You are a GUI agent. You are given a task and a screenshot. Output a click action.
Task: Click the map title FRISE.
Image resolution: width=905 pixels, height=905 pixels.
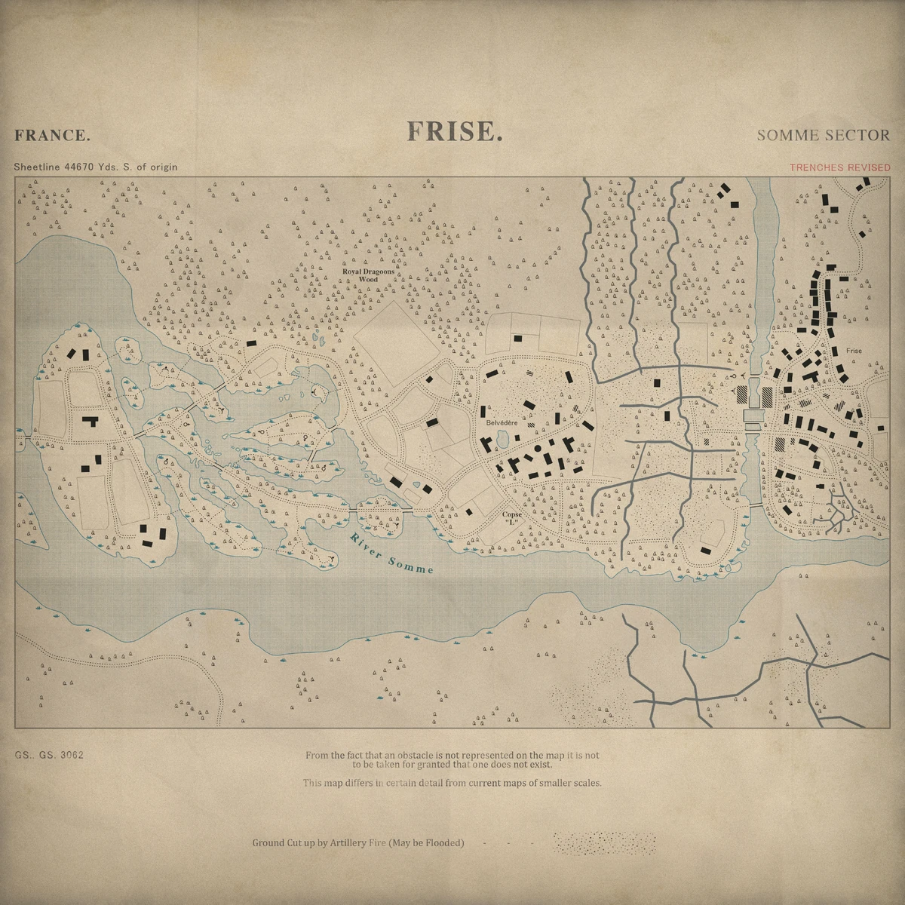(454, 131)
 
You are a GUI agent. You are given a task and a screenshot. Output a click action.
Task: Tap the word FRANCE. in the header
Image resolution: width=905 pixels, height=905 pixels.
(52, 136)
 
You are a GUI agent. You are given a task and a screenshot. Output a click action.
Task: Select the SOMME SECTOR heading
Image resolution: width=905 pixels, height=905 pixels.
(823, 135)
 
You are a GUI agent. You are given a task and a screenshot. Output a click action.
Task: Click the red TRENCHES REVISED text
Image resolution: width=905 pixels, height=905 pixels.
(839, 167)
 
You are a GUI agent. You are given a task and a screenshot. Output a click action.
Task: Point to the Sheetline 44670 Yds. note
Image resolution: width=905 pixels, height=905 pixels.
(96, 167)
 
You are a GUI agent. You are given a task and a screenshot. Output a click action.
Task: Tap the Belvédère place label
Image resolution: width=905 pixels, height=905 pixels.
(501, 423)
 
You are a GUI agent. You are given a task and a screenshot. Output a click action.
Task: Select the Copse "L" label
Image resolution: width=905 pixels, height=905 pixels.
(512, 518)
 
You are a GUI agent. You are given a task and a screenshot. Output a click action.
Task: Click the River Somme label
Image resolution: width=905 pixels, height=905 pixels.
(391, 554)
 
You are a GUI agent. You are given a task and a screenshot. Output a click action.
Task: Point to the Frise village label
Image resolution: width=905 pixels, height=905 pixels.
(854, 351)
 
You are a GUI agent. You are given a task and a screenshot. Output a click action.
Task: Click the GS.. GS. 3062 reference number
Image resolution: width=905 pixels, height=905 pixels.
(48, 755)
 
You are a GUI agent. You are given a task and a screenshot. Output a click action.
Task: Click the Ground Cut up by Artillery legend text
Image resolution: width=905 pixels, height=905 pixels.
(357, 842)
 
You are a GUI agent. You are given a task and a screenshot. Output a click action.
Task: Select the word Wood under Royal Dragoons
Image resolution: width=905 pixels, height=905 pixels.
(368, 279)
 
